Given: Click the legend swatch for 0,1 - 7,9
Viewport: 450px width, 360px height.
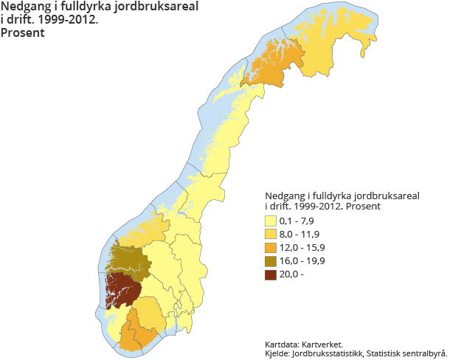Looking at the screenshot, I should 270,221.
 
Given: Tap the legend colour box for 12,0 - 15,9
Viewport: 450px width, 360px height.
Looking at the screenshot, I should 270,247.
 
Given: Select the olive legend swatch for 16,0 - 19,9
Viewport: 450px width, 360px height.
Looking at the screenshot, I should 270,260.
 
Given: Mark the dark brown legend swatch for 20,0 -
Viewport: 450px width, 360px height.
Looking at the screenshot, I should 270,274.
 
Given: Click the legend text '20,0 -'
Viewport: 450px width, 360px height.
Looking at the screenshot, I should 293,274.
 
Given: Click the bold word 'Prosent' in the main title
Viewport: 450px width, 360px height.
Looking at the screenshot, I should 22,32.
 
